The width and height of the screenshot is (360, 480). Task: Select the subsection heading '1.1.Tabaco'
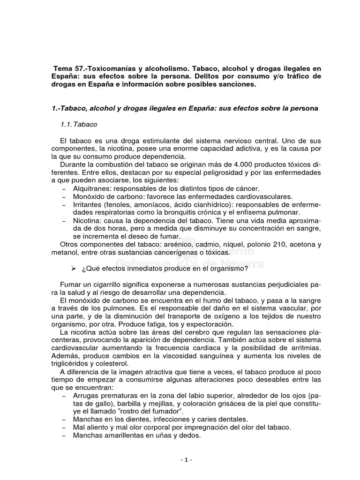(x=79, y=125)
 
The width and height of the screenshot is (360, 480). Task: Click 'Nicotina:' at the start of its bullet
(x=88, y=220)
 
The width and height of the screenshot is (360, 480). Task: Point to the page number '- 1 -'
(x=186, y=460)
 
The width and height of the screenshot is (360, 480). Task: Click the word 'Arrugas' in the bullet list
(x=86, y=395)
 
